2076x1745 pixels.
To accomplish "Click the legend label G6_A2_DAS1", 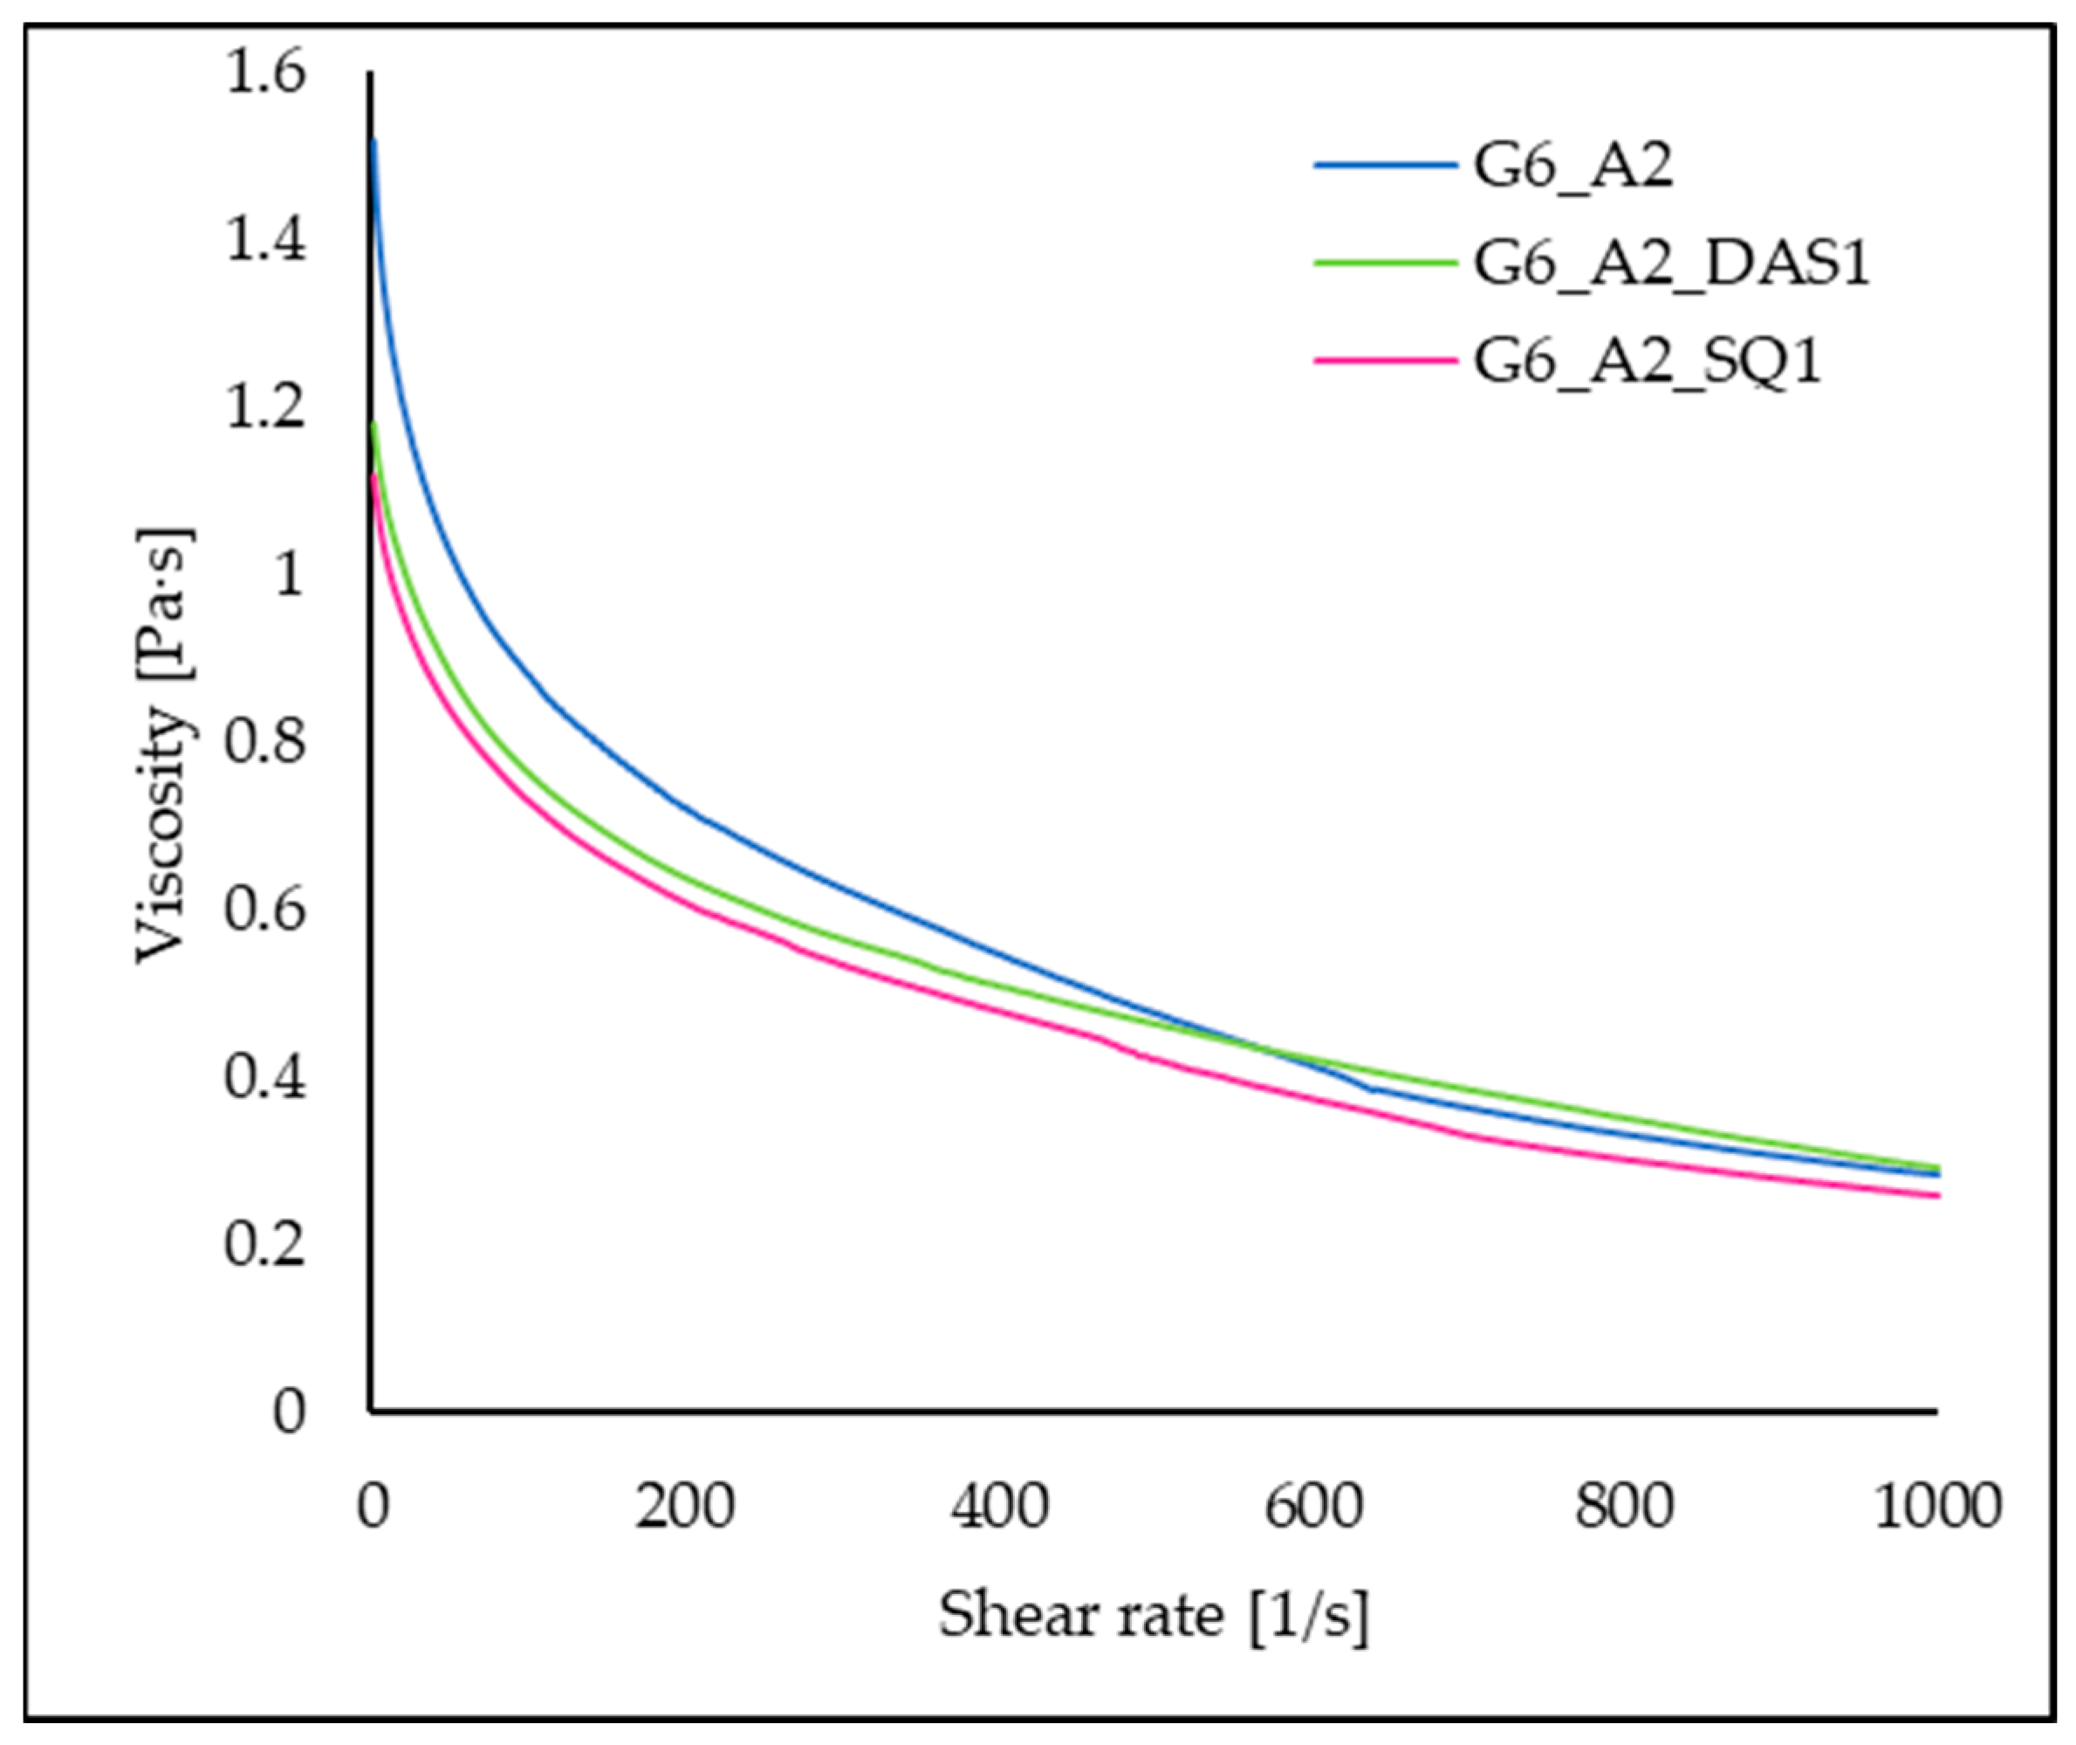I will point(1671,265).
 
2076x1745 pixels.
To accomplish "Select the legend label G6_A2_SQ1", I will point(1647,362).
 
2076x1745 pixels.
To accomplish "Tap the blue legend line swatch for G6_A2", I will point(1385,166).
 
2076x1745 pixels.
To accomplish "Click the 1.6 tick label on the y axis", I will point(265,75).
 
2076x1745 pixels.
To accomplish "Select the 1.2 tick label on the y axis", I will point(265,409).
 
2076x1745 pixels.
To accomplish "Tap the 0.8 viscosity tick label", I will point(265,743).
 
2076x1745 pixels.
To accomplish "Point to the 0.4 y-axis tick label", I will point(265,1077).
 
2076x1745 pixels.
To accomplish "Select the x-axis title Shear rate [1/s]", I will point(1154,1617).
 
